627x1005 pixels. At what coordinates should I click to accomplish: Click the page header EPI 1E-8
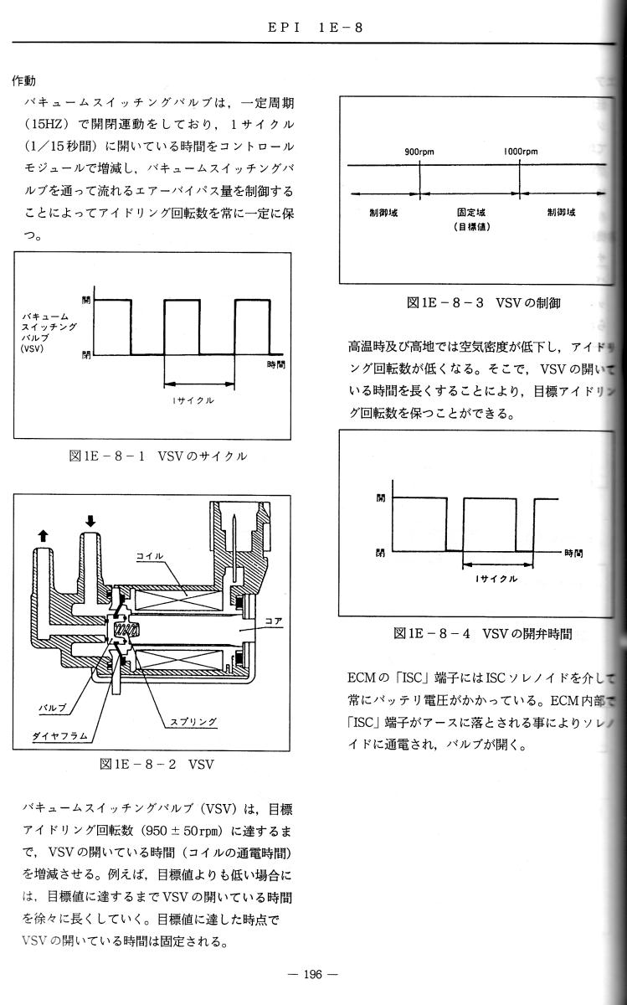(316, 28)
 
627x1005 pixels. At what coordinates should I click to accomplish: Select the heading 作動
(24, 81)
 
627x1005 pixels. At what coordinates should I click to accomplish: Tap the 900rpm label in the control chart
(418, 152)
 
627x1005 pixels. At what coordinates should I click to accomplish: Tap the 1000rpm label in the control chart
(520, 152)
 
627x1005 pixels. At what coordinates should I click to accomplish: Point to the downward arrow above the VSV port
(90, 521)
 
